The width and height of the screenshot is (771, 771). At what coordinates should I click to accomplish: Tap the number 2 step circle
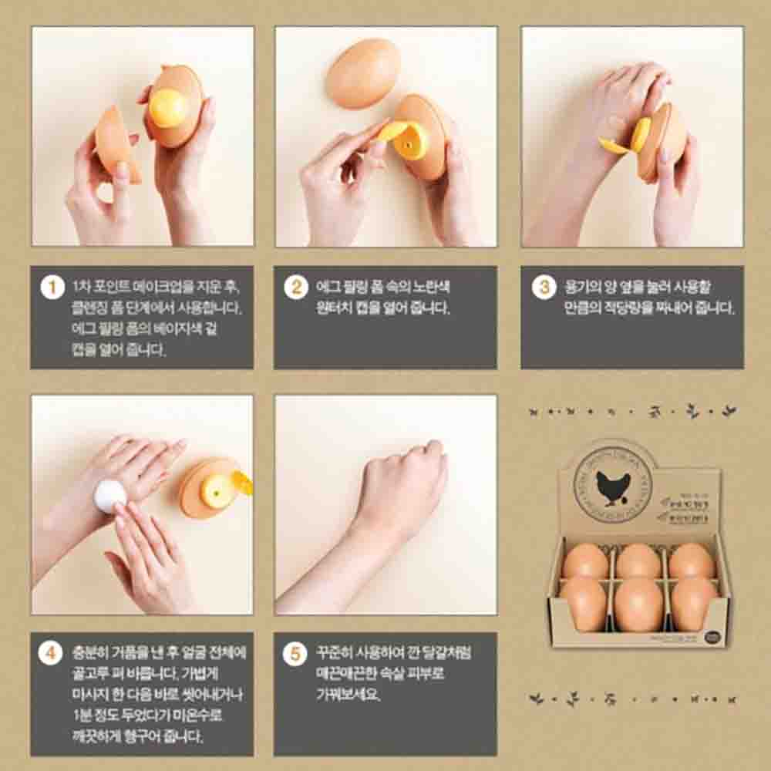coord(295,288)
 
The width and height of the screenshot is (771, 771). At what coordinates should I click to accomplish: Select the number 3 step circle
coord(544,288)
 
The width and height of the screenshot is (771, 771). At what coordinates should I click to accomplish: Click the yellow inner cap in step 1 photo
coord(168,109)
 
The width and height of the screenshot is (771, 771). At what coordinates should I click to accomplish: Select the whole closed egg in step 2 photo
coord(362,73)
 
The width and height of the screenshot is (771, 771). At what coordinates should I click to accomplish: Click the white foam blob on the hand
coord(109,495)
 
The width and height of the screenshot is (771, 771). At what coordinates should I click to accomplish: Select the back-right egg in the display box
coord(691,561)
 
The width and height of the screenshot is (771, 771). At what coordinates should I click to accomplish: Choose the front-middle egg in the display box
coord(638,604)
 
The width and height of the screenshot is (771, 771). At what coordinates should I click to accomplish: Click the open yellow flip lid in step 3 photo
coord(614,146)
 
